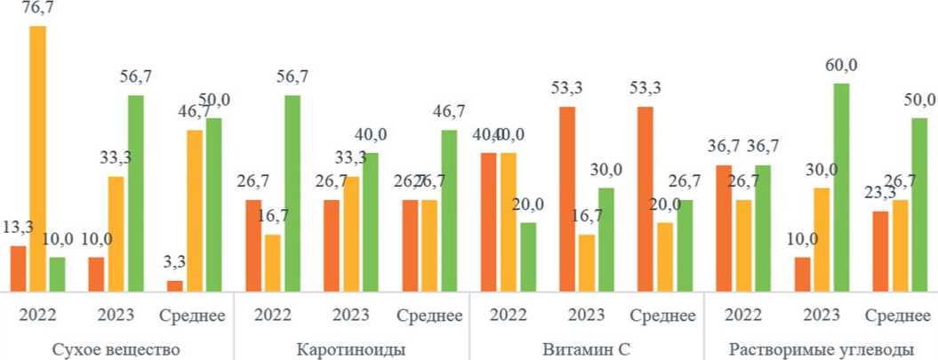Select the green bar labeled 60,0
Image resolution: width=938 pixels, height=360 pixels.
pyautogui.click(x=842, y=187)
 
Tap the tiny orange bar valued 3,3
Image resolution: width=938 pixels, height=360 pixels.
pyautogui.click(x=174, y=285)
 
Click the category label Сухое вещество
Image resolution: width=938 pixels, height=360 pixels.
pyautogui.click(x=116, y=348)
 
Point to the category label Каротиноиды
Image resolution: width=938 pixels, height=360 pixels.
pyautogui.click(x=351, y=348)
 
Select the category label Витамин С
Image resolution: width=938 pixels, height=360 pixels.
pyautogui.click(x=586, y=348)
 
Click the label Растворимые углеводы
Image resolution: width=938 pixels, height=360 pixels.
pyautogui.click(x=821, y=348)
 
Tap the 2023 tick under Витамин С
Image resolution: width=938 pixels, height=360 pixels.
pyautogui.click(x=586, y=316)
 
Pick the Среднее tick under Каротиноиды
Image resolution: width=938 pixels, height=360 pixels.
pyautogui.click(x=429, y=316)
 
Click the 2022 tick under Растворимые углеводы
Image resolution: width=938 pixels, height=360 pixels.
pyautogui.click(x=742, y=316)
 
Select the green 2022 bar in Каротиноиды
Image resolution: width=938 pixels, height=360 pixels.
pyautogui.click(x=293, y=193)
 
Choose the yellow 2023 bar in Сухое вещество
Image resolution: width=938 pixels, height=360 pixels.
pyautogui.click(x=116, y=234)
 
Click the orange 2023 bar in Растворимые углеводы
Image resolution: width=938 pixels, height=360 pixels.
pyautogui.click(x=803, y=274)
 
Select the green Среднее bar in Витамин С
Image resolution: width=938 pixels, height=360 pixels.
pyautogui.click(x=685, y=245)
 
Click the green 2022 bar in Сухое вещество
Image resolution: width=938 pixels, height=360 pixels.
pyautogui.click(x=57, y=274)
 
